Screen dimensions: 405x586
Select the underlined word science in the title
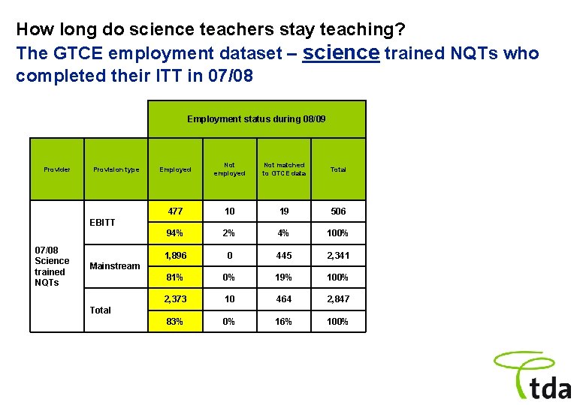341,52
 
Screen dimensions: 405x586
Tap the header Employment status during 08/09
256,119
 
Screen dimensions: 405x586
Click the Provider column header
57,169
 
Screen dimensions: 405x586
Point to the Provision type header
116,169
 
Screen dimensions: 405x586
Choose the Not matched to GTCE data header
284,169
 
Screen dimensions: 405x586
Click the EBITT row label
102,222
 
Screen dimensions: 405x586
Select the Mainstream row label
114,265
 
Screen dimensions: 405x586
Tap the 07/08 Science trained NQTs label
52,265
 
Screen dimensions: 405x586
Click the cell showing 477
175,211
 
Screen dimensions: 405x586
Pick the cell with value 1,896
175,255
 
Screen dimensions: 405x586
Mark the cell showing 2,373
175,299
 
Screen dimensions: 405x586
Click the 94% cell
175,233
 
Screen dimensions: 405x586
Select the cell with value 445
284,255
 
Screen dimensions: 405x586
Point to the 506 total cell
338,211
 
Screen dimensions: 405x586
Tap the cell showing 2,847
338,299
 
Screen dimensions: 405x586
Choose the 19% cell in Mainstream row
284,277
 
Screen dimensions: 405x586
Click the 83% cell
175,322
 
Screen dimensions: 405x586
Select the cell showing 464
284,299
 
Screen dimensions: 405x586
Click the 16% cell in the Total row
284,322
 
